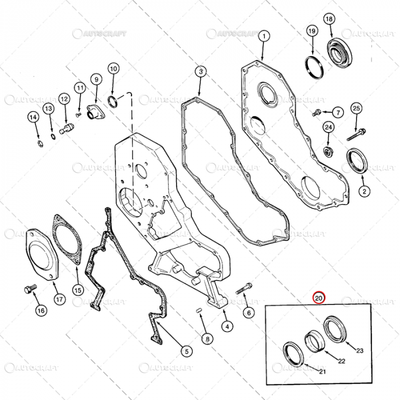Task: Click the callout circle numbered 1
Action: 263,37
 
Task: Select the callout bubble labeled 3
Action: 201,71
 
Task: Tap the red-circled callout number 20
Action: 319,298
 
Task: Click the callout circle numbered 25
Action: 356,108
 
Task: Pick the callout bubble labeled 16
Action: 40,311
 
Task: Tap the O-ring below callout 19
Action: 314,67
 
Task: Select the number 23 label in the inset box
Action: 360,351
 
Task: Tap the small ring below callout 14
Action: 38,142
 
